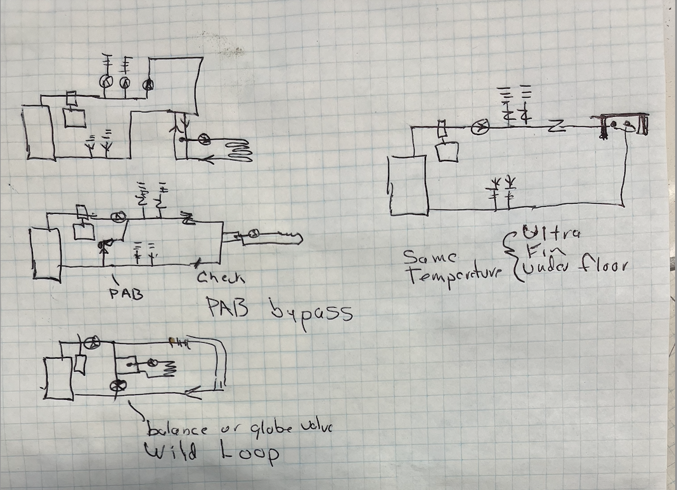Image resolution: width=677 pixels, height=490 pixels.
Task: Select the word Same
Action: (429, 258)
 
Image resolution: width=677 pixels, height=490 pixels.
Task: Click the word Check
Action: (220, 277)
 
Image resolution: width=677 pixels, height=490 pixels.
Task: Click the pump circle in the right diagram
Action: (483, 128)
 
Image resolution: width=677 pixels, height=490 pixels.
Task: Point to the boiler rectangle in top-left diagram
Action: (38, 133)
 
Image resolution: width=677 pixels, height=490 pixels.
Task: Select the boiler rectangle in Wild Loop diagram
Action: (58, 378)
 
